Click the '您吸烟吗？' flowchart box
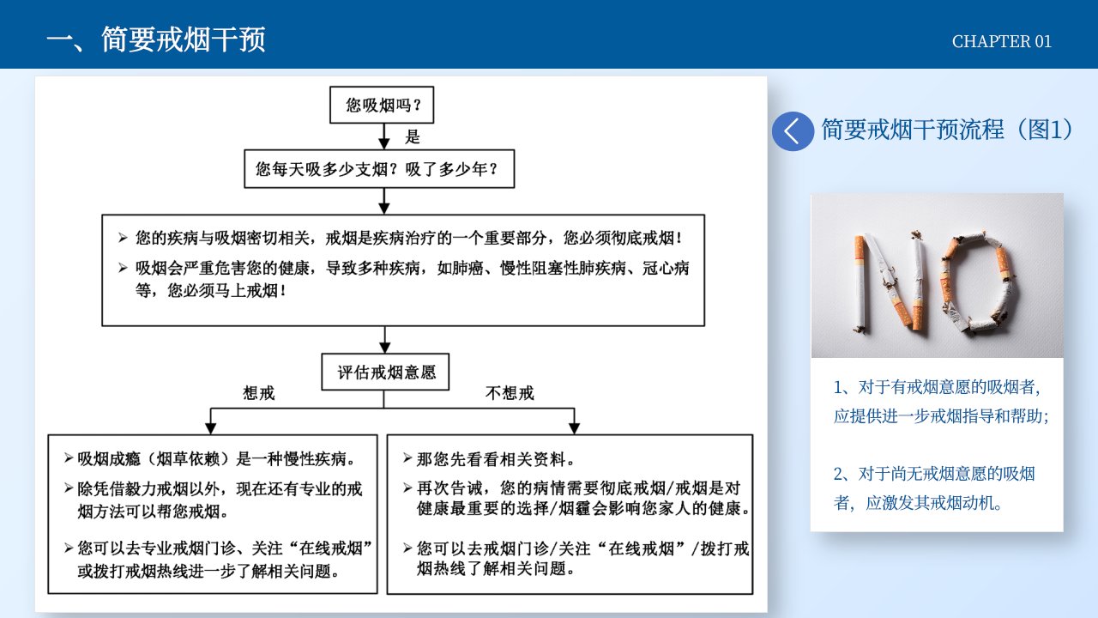coord(382,105)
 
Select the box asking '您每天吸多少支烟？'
coord(379,169)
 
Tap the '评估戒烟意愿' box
coord(385,372)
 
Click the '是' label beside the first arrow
coord(413,136)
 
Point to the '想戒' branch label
coord(259,393)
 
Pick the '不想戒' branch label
coord(510,393)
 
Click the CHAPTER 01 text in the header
coord(1001,42)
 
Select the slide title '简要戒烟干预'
coord(183,39)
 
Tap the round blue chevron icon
coord(793,131)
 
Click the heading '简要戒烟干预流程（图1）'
coord(948,130)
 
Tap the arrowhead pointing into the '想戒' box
coord(211,427)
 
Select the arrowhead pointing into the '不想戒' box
coord(574,427)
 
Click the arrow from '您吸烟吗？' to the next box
coord(383,136)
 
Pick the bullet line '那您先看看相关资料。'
coord(489,459)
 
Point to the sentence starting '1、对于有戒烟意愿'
coord(941,401)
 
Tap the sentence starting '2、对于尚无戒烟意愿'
coord(934,488)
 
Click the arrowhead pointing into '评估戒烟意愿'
coord(385,347)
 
